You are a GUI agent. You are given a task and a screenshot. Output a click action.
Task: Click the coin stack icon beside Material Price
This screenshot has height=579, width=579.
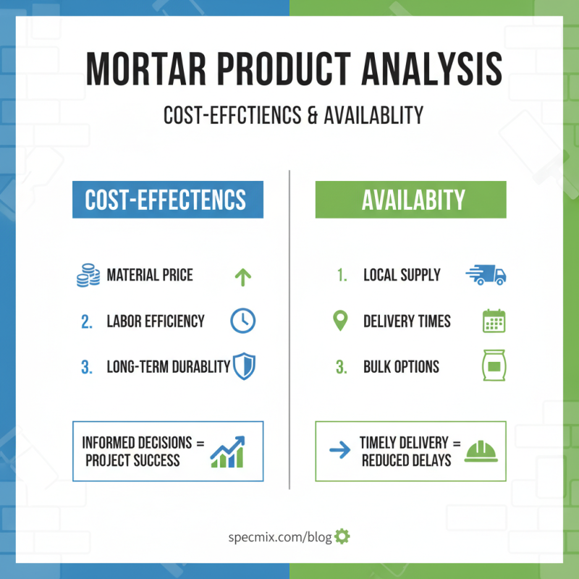tap(88, 276)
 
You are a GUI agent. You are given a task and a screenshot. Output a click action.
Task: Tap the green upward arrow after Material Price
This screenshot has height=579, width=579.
tap(242, 276)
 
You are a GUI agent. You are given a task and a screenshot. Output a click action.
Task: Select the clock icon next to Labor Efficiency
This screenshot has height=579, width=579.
tap(242, 321)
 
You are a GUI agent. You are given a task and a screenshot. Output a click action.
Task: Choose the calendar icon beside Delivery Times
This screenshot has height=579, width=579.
tap(494, 321)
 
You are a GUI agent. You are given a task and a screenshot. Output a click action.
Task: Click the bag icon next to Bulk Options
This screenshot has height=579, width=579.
tap(494, 366)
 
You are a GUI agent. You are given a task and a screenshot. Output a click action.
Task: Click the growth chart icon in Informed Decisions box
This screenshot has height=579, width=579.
tap(228, 451)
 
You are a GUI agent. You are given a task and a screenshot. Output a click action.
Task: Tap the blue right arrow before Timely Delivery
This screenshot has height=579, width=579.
tap(339, 451)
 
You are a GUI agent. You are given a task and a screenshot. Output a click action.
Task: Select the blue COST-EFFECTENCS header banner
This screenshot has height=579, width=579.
tap(167, 200)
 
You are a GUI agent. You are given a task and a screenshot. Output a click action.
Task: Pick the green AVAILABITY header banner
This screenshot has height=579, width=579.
tap(410, 200)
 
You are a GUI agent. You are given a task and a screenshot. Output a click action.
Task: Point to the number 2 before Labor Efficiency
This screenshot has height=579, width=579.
tap(87, 321)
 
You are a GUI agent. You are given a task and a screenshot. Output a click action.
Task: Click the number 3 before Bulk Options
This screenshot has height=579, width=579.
tap(341, 366)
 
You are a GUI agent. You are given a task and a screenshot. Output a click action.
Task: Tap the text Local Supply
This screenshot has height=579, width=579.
tap(402, 276)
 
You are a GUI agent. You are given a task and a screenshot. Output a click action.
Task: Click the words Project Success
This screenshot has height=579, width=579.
tap(132, 460)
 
